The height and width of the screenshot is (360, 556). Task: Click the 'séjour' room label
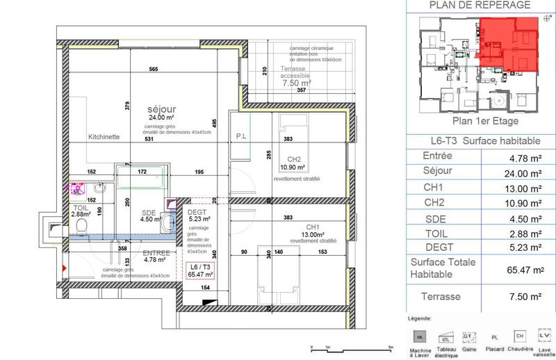161,109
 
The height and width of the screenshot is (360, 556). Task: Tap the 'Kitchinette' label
105,138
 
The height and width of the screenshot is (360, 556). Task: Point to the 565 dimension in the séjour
154,69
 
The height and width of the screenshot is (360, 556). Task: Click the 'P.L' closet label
243,136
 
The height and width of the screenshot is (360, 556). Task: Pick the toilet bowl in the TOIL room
82,228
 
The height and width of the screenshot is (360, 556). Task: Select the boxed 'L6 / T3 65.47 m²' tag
199,271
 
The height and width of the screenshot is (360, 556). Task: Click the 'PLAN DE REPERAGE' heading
480,6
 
